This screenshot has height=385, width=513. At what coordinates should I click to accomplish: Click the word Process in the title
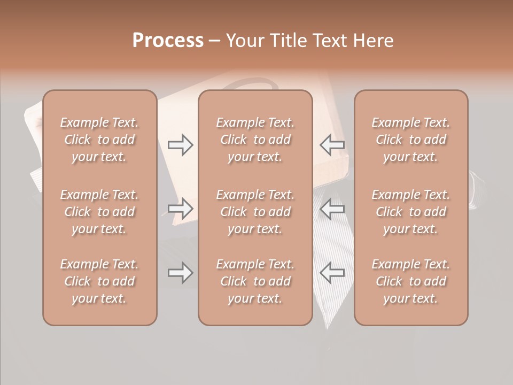168,41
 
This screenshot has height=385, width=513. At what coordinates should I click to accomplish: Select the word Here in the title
374,41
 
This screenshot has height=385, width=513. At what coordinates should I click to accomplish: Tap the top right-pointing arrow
181,145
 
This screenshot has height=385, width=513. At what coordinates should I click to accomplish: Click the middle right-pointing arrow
181,208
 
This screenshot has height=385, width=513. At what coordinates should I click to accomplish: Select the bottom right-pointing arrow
181,273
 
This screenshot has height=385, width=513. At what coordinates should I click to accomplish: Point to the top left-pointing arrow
332,144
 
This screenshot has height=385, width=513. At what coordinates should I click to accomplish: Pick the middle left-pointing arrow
332,208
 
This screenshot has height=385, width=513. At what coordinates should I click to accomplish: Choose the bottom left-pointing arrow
332,273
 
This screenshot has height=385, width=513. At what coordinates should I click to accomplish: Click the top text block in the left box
99,140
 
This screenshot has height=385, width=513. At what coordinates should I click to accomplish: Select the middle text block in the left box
99,212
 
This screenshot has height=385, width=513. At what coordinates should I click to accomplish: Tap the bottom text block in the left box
99,281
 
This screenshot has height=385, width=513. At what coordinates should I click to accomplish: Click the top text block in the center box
255,140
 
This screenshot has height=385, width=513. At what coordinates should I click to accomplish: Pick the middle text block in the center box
255,212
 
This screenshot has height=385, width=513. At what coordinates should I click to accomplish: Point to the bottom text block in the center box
255,281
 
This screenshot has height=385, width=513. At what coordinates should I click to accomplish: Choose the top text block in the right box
411,140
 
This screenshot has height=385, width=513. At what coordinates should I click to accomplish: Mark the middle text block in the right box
411,212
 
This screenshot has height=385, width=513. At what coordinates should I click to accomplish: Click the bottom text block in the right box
411,281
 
